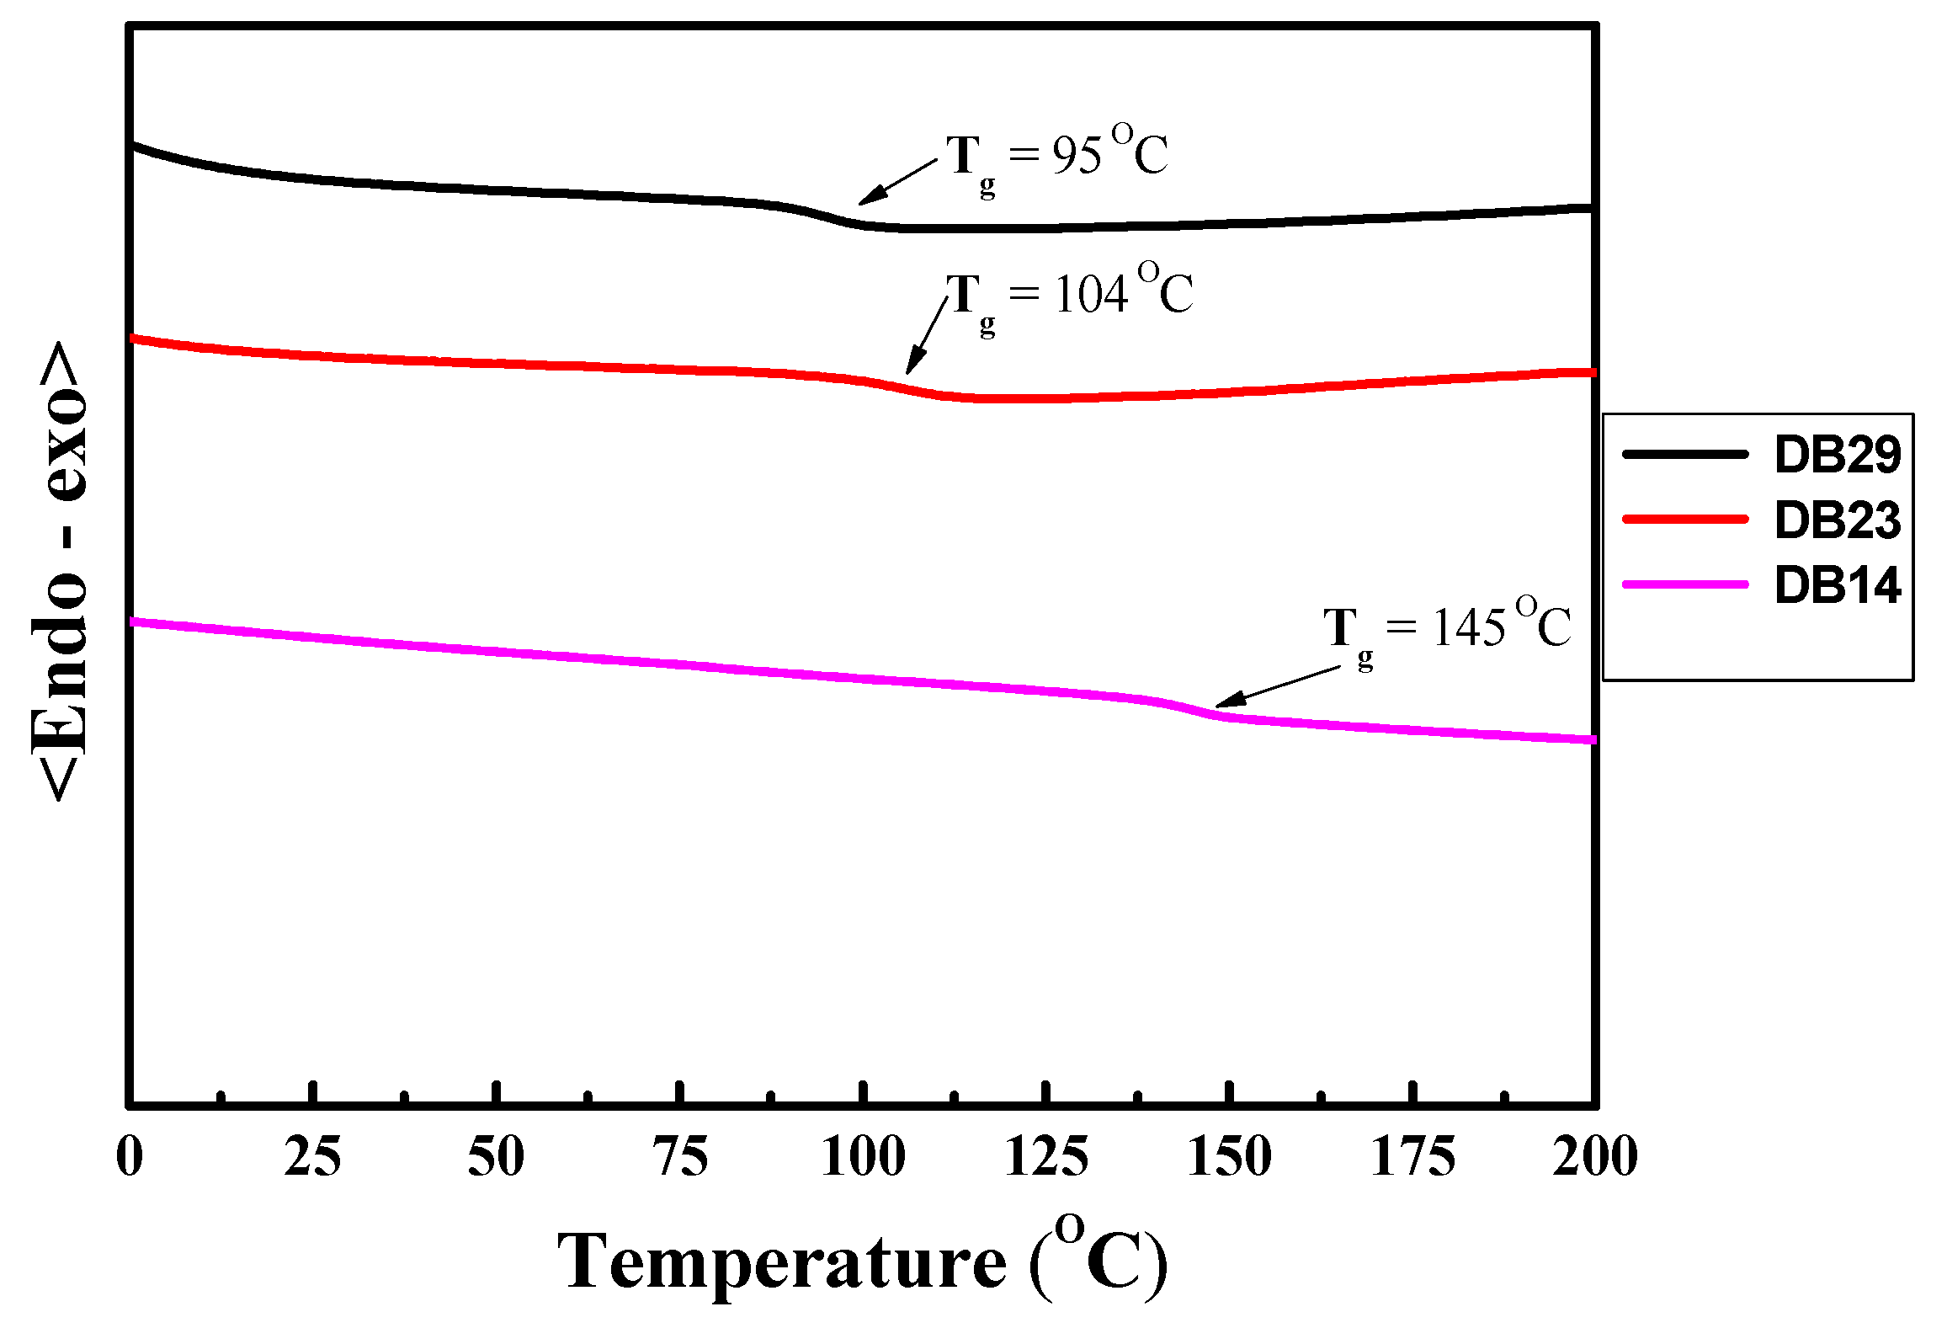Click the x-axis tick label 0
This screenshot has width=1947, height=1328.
pyautogui.click(x=130, y=1156)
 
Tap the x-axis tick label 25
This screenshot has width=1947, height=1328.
pyautogui.click(x=312, y=1156)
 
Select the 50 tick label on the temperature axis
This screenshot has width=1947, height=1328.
pyautogui.click(x=496, y=1156)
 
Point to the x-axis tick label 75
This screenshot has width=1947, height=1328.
pyautogui.click(x=680, y=1156)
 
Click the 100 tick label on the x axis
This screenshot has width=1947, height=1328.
pyautogui.click(x=864, y=1156)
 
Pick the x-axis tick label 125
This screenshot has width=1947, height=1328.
pyautogui.click(x=1047, y=1156)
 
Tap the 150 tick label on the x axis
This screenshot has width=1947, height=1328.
pyautogui.click(x=1230, y=1156)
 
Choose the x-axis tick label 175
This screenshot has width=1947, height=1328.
pyautogui.click(x=1413, y=1156)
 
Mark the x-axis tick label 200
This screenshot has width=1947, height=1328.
pyautogui.click(x=1595, y=1156)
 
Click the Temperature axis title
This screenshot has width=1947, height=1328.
pyautogui.click(x=863, y=1261)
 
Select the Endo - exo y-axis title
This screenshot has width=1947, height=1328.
pyautogui.click(x=59, y=571)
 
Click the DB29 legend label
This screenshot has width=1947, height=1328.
pyautogui.click(x=1838, y=455)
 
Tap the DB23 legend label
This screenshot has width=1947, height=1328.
pyautogui.click(x=1838, y=520)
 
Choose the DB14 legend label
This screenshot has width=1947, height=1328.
pyautogui.click(x=1838, y=584)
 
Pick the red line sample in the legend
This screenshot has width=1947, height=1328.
pyautogui.click(x=1685, y=520)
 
